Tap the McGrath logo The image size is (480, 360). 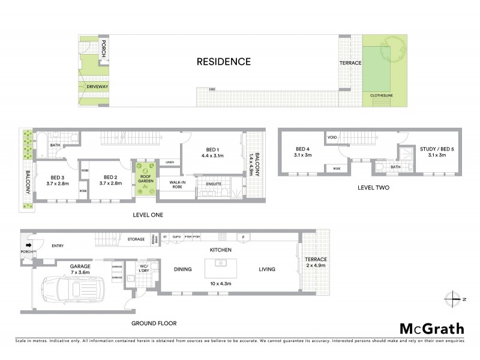coord(431,328)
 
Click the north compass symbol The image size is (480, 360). coord(452,298)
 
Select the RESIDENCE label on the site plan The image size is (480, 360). coord(224,61)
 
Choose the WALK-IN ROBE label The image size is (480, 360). coord(179,184)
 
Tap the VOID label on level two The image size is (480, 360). coord(332,137)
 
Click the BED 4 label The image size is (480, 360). coord(302,150)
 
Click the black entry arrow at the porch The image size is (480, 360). coord(28,245)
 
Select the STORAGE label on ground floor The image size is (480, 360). coord(136,239)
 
